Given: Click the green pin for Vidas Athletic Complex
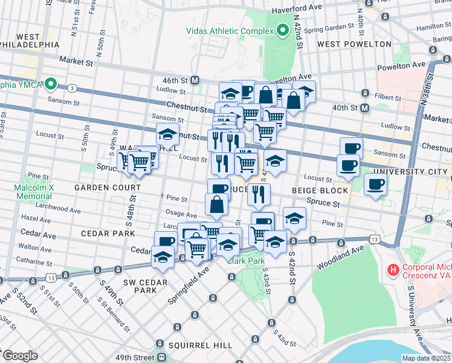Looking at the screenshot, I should point(283,31).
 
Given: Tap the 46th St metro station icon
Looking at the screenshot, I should point(195,80).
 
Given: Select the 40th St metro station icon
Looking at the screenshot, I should point(365,108).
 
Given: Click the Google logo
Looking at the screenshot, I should point(20,356).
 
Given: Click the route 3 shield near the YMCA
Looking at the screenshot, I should point(72,88).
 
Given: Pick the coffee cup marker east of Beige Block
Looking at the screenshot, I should point(375,185).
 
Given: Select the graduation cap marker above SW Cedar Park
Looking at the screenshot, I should point(162,257).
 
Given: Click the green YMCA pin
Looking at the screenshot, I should point(51,84).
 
